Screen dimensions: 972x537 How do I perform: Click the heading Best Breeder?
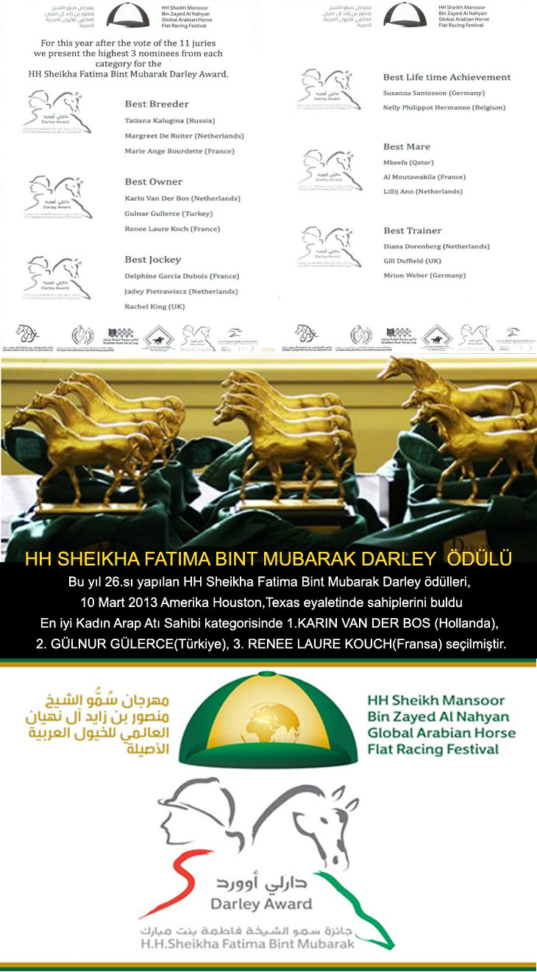tap(157, 104)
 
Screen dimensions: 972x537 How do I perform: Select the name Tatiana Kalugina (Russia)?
tap(169, 119)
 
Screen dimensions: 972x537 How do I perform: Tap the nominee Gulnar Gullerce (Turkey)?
tap(168, 213)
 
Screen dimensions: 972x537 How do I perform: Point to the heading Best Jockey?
tap(152, 259)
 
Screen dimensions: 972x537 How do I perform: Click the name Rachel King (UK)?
tap(154, 307)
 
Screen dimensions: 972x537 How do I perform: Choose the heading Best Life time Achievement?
tap(447, 77)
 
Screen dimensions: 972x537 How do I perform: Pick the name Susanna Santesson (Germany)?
tap(434, 93)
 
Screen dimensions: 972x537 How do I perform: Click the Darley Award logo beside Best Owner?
tap(58, 197)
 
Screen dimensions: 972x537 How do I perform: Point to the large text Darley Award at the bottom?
tap(261, 904)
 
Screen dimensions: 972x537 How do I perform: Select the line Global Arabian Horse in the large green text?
tap(441, 733)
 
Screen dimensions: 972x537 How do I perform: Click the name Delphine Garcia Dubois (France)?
tap(182, 276)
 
